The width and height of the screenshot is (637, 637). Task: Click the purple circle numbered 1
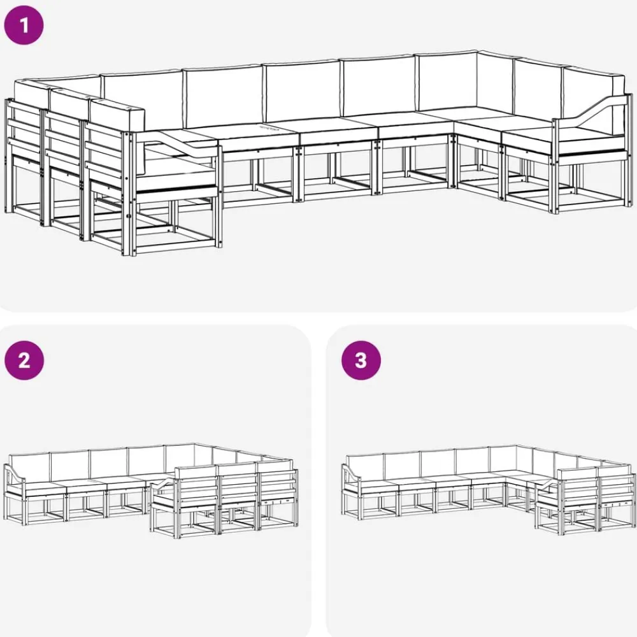[x=24, y=25]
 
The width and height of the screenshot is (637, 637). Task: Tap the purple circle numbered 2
[x=24, y=361]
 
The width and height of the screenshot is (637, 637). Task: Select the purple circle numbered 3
[x=361, y=361]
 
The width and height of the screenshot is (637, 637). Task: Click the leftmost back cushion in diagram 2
[x=29, y=468]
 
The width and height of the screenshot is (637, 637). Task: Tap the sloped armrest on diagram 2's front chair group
[x=163, y=485]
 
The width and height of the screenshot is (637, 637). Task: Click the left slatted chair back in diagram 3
[x=578, y=487]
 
